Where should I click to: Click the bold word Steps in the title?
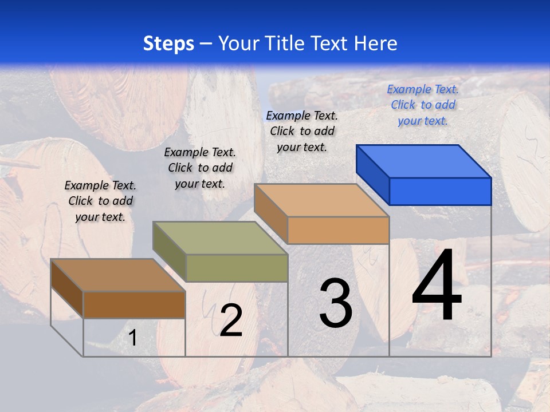(x=168, y=43)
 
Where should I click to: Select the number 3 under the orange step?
(x=336, y=303)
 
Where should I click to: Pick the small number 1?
(x=133, y=338)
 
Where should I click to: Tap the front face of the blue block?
(x=440, y=191)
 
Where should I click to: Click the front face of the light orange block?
(x=338, y=230)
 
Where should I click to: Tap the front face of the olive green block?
(x=237, y=268)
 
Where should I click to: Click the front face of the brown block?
(x=134, y=304)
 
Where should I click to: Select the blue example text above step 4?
(x=423, y=105)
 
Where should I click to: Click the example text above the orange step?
(x=302, y=131)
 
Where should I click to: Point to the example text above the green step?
(x=200, y=168)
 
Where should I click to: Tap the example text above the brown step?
(x=100, y=201)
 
